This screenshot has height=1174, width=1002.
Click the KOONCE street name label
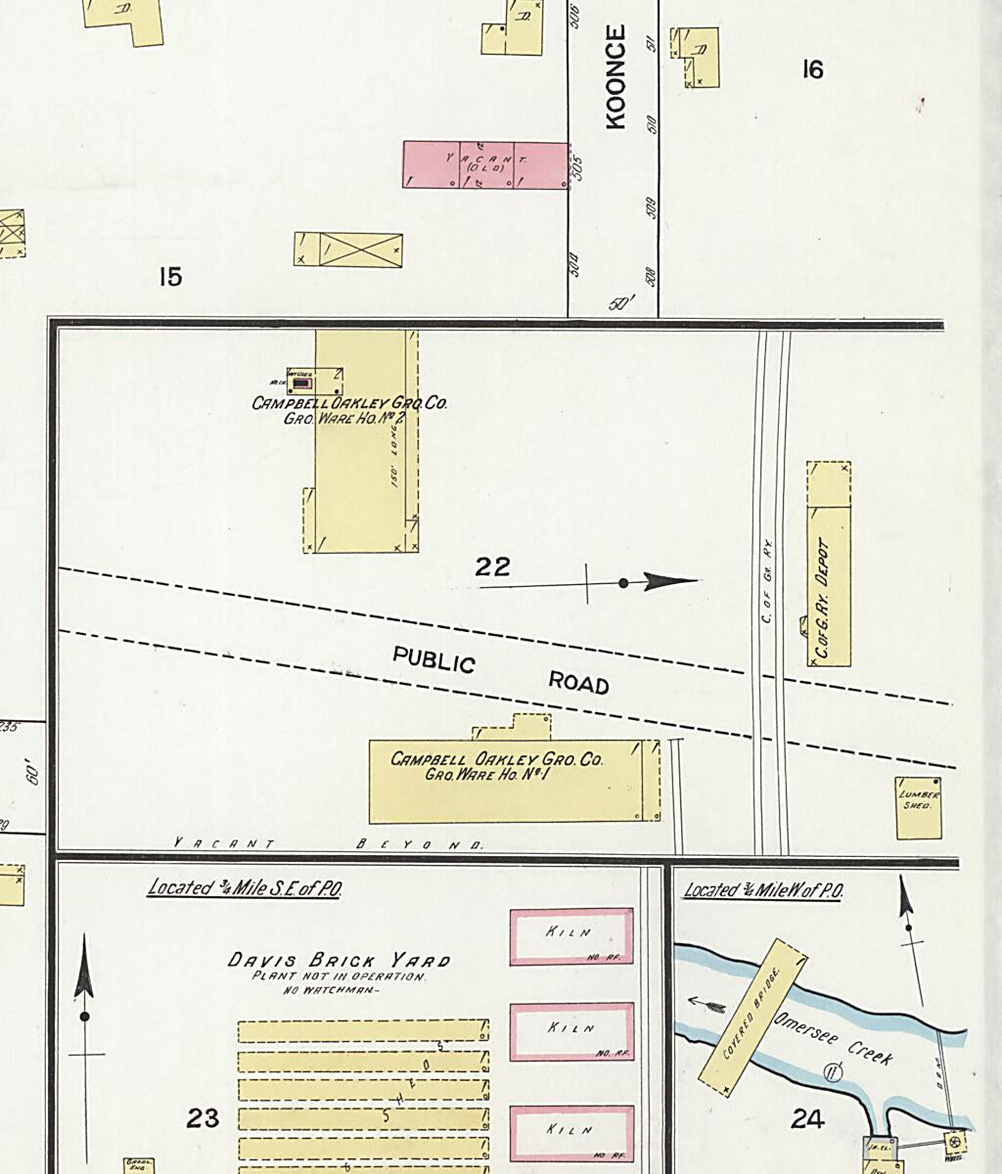[615, 77]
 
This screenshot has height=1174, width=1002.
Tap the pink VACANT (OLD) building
[485, 164]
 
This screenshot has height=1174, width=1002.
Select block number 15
[170, 277]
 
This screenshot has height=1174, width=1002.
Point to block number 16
[812, 69]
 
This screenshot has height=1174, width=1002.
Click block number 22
[492, 566]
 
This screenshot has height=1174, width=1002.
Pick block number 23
[203, 1117]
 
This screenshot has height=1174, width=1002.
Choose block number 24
[807, 1118]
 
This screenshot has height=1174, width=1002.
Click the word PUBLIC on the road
[433, 659]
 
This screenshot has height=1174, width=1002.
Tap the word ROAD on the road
[578, 682]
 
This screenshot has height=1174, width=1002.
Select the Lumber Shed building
[919, 808]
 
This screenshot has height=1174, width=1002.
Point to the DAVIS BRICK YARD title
[340, 960]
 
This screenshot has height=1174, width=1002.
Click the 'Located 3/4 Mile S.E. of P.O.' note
[244, 888]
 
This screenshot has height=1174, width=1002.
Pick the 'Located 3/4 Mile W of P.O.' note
[763, 890]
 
